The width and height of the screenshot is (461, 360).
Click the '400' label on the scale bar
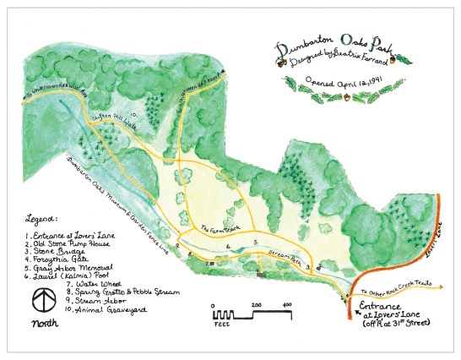[x=287, y=304]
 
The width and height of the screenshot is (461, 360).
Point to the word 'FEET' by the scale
[x=222, y=322]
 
